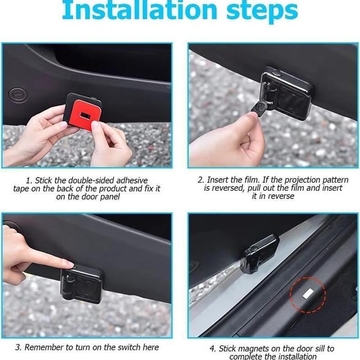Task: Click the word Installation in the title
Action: [139, 10]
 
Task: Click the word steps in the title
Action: [262, 12]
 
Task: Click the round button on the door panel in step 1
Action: [18, 94]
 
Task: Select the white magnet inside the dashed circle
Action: [308, 294]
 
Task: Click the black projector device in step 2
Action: [286, 93]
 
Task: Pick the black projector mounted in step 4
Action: [260, 254]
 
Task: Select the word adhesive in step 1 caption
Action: [132, 180]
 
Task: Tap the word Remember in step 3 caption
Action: [44, 347]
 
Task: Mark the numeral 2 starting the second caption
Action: [200, 180]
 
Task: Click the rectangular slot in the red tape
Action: [84, 115]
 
